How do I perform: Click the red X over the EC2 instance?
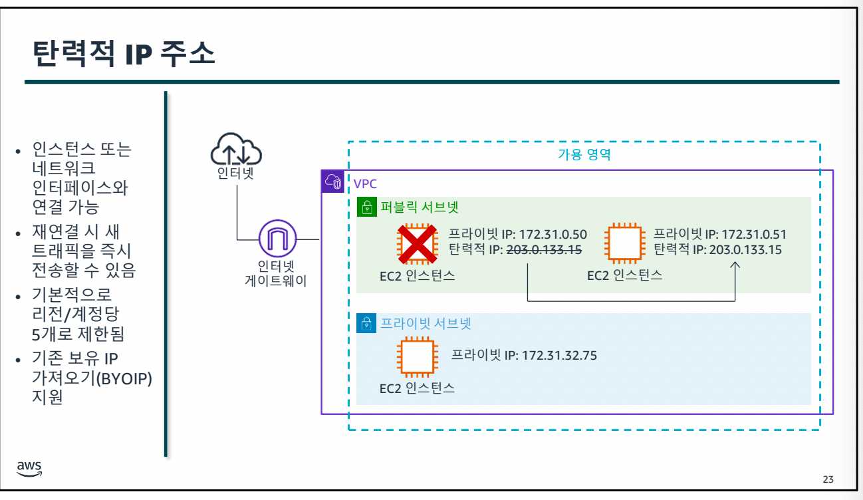(416, 243)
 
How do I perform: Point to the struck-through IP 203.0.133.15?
(545, 250)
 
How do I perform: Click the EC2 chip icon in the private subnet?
(416, 357)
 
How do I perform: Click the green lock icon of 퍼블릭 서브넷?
(366, 207)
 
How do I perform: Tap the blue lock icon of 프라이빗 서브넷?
(366, 323)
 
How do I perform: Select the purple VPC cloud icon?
(332, 182)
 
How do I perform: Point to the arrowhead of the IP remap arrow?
(735, 265)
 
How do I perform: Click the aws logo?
(30, 468)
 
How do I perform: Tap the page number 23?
(828, 479)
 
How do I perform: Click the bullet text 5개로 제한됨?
(78, 332)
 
